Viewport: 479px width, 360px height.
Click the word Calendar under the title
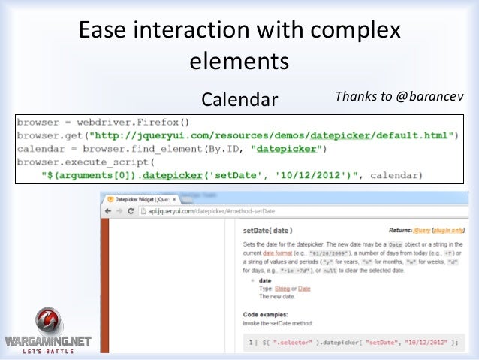point(239,99)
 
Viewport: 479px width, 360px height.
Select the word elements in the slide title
point(239,59)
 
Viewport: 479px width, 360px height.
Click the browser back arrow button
point(110,212)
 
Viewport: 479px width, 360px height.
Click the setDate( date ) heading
point(268,230)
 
